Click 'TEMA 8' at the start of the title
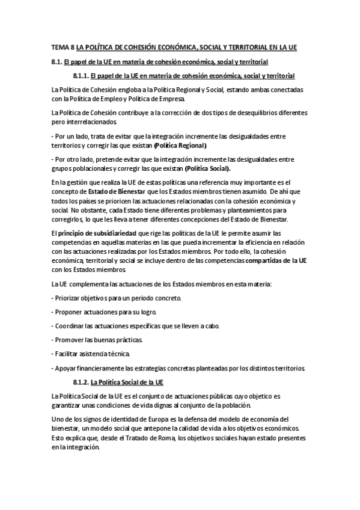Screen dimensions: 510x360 (58, 47)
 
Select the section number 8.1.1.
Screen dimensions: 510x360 (81, 75)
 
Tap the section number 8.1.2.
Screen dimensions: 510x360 (81, 382)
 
